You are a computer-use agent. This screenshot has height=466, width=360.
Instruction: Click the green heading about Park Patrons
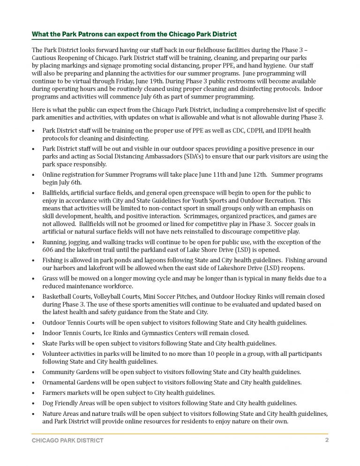[x=134, y=35]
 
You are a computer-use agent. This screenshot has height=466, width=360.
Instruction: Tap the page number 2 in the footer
[x=327, y=440]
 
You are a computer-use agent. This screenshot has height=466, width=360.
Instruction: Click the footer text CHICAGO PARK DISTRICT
[x=67, y=441]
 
